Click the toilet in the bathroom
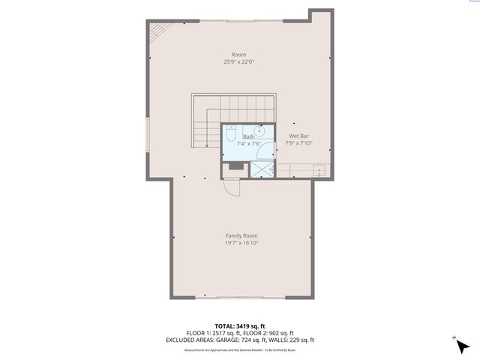pyautogui.click(x=229, y=136)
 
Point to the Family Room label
pyautogui.click(x=241, y=235)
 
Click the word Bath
pyautogui.click(x=247, y=136)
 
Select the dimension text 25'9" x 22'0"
pyautogui.click(x=239, y=61)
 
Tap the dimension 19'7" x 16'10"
pyautogui.click(x=241, y=242)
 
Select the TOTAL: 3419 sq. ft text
pyautogui.click(x=239, y=325)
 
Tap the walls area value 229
pyautogui.click(x=296, y=339)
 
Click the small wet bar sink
pyautogui.click(x=319, y=169)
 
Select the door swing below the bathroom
pyautogui.click(x=233, y=186)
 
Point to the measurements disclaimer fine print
pyautogui.click(x=239, y=349)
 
